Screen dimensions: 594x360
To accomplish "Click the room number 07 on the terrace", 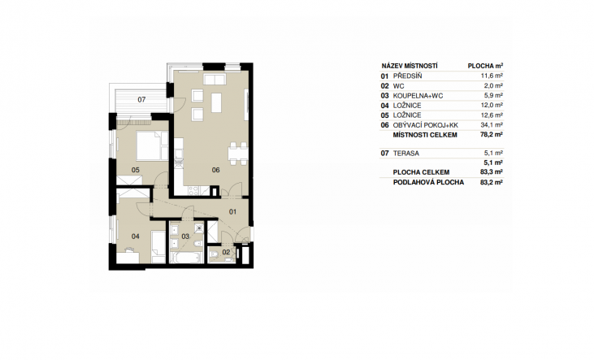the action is click(x=141, y=100).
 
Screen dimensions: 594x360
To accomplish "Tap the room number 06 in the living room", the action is click(x=215, y=170).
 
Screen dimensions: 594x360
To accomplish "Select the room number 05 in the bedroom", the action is click(x=135, y=170).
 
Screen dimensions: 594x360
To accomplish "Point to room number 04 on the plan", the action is click(x=135, y=236).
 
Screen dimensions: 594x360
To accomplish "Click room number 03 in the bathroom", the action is click(x=185, y=236).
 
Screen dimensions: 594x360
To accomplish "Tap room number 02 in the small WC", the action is click(x=226, y=252).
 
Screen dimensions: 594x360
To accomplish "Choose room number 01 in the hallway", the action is click(x=232, y=211).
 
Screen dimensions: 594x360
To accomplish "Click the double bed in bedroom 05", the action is click(x=152, y=145).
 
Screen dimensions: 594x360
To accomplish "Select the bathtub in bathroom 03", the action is click(x=185, y=258).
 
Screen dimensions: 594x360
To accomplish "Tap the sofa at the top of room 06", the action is click(x=215, y=79).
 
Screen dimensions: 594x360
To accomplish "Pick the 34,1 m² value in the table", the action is click(x=492, y=124).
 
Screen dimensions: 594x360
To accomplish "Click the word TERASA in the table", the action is click(x=406, y=154).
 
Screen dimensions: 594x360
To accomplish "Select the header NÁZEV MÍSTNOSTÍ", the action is click(x=410, y=66).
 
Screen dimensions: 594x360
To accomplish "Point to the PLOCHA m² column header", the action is click(x=485, y=66).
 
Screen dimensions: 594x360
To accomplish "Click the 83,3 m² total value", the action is click(x=492, y=172).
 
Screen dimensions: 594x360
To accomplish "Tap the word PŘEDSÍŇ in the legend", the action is click(x=408, y=76).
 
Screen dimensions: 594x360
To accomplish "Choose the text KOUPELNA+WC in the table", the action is click(x=418, y=96).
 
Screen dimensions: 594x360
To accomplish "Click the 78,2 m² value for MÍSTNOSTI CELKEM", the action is click(x=492, y=135).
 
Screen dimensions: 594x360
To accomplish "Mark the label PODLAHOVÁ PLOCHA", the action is click(x=428, y=182).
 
